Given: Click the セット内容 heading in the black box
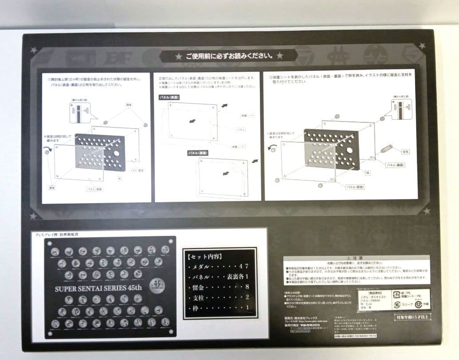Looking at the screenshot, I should point(208,256).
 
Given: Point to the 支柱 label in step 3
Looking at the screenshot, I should point(406,151).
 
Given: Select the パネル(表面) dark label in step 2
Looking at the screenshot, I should point(171,97).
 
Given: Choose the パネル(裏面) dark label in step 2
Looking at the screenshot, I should point(198,153).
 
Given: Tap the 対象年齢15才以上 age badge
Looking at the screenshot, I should point(412,317).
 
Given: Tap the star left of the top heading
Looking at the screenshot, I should point(179,56).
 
